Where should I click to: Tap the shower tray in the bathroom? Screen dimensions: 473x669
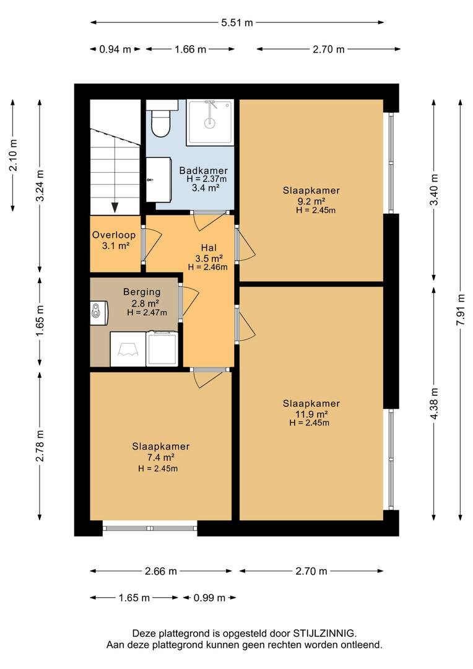210,123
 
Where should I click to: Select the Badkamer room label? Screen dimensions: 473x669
204,171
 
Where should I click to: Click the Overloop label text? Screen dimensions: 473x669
114,235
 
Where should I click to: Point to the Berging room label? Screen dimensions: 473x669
142,292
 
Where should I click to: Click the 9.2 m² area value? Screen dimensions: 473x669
311,201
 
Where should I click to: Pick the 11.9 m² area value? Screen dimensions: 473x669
311,414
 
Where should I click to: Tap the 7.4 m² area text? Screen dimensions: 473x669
160,457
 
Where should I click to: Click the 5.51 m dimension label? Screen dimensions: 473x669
236,23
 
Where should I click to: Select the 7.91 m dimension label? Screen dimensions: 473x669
460,310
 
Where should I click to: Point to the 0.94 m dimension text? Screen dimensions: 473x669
115,49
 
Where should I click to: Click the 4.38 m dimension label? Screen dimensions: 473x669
434,403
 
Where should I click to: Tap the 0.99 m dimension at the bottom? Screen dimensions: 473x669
209,598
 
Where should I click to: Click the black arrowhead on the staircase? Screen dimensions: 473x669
115,208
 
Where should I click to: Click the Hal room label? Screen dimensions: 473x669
209,247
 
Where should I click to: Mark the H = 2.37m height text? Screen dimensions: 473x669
206,179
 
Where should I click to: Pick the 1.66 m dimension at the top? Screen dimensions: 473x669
190,49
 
